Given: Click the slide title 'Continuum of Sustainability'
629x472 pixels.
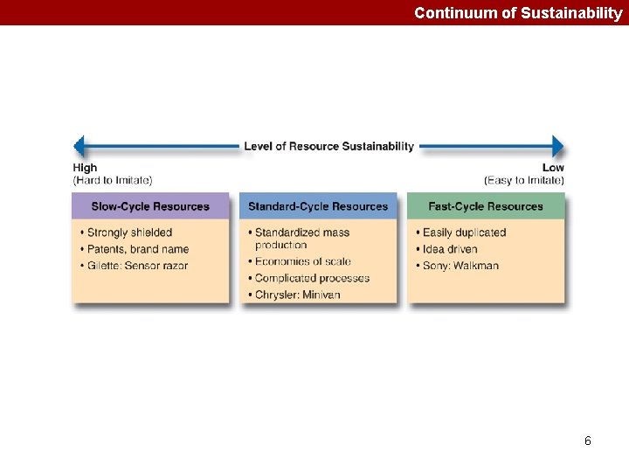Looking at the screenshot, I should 518,13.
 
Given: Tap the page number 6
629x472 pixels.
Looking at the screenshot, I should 588,441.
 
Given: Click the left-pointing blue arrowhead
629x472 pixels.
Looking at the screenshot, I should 79,147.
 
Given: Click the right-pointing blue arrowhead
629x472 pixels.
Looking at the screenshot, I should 557,147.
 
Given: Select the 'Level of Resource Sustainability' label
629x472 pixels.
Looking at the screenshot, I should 328,146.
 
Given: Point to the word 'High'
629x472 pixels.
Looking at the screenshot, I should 85,168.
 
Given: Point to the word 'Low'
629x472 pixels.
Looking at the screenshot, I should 553,168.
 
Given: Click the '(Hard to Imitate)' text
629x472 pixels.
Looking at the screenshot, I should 113,180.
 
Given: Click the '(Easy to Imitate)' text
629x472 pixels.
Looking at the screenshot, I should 524,180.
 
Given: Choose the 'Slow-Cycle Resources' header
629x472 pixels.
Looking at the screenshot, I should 150,206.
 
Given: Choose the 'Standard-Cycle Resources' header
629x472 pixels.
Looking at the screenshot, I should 318,206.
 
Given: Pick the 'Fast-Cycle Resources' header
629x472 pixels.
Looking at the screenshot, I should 486,206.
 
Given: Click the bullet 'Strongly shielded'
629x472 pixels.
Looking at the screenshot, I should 129,233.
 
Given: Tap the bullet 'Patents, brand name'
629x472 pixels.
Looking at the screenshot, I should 138,249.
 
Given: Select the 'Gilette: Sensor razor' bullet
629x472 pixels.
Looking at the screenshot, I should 137,266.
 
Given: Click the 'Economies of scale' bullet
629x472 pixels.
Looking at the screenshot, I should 302,261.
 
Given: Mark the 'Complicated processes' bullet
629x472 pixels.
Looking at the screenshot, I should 312,278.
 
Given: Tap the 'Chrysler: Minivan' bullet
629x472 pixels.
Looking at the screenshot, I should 297,295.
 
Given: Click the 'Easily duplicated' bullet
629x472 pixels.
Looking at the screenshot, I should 464,233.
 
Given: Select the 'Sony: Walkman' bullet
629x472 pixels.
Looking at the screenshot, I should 460,266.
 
